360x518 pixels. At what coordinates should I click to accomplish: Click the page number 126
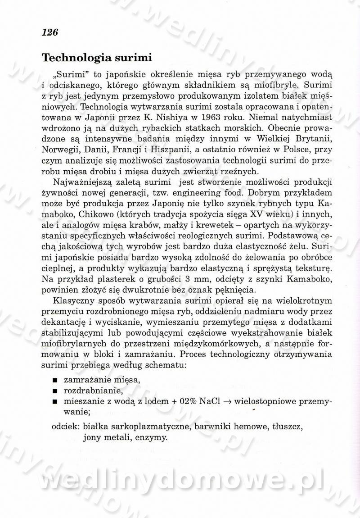point(50,32)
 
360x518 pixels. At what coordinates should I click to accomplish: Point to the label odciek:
point(67,426)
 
